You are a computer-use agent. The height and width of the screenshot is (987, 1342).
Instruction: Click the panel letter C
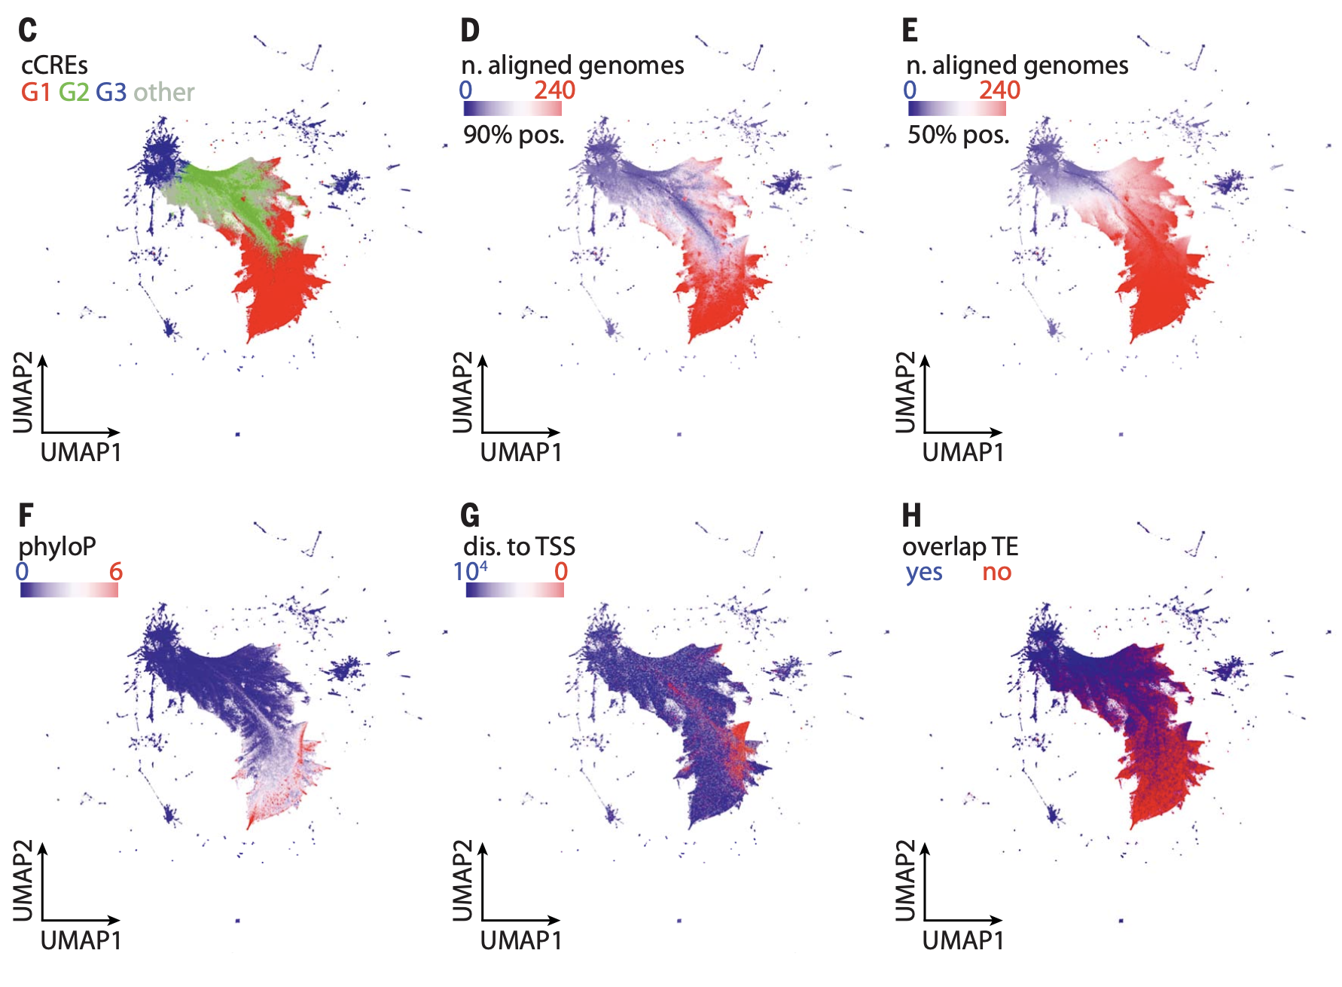pos(27,30)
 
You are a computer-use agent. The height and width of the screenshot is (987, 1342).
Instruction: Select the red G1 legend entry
pos(35,93)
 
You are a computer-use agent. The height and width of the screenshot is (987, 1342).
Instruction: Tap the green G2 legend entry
pos(74,93)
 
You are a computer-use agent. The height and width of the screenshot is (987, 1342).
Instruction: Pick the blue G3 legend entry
pos(111,93)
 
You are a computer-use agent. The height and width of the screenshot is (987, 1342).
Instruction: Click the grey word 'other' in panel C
pos(164,93)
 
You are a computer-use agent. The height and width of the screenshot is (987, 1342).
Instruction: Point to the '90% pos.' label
pos(514,135)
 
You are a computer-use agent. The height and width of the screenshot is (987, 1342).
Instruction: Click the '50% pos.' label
pos(958,135)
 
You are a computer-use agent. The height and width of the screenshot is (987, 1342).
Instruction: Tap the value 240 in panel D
pos(554,90)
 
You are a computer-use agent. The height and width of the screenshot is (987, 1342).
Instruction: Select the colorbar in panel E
pos(956,108)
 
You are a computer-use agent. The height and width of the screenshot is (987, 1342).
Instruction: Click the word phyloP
pos(57,546)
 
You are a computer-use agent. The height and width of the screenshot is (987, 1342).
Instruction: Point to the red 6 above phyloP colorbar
pos(115,572)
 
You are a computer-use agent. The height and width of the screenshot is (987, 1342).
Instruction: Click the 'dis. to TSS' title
pos(519,546)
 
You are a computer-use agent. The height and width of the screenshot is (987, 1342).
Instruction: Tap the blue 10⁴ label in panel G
pos(470,571)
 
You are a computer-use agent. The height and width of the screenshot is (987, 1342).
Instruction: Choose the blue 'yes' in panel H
pos(924,573)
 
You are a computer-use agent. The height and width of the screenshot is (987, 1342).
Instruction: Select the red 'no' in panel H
pos(996,573)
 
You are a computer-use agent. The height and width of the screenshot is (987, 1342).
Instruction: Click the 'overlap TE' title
pos(960,546)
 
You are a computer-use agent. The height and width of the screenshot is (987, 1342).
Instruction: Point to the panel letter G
pos(469,516)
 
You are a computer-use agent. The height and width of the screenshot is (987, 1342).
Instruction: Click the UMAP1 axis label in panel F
pos(81,940)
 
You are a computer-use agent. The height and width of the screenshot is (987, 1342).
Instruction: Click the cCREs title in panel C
pos(54,66)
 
